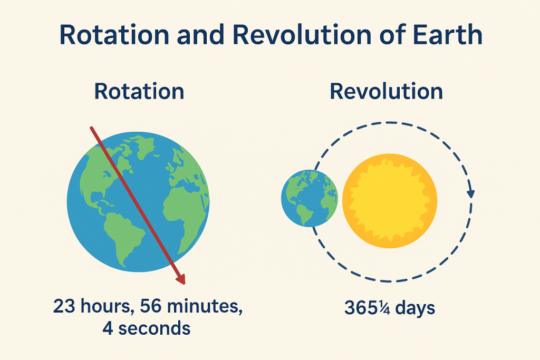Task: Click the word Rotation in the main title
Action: pos(114,35)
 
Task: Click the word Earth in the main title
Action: pos(447,35)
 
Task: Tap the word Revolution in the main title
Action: pos(302,35)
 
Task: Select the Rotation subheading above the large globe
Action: pos(139,91)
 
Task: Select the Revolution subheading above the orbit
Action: pos(387,91)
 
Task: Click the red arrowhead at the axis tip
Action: pos(181,279)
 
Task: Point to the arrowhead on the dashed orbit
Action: pos(471,194)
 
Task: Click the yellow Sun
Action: pos(390,201)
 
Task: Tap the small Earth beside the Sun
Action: pos(309,198)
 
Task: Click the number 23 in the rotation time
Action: pos(64,306)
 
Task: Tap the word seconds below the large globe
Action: pos(155,328)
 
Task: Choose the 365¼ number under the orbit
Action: pos(367,307)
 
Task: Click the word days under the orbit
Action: pos(415,308)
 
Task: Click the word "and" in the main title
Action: pos(201,35)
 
